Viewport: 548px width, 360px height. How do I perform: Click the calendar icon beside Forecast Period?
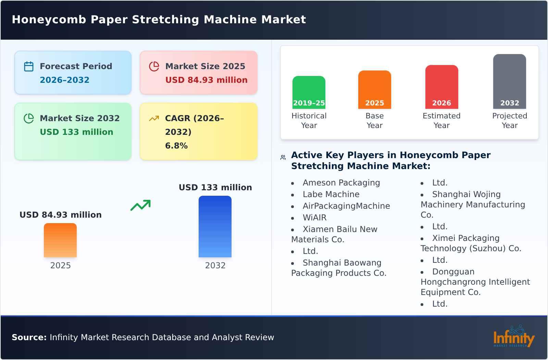(x=29, y=66)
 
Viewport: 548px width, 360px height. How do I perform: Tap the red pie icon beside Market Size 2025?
(x=154, y=66)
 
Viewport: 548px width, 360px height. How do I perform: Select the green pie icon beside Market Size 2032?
(x=29, y=118)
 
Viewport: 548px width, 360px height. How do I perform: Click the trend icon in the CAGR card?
(x=154, y=118)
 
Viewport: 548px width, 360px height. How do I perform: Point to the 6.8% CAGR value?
(x=176, y=146)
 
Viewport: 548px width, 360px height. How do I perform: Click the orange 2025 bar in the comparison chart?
(x=60, y=240)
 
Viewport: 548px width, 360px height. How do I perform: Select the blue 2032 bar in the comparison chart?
(x=215, y=227)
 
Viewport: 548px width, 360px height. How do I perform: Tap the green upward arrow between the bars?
(x=140, y=205)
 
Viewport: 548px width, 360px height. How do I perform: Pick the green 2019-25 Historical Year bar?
(x=309, y=92)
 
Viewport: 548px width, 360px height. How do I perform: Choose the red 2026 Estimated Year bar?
(x=441, y=87)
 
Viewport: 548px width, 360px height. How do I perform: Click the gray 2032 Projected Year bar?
(x=509, y=81)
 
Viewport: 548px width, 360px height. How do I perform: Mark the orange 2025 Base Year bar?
(x=374, y=90)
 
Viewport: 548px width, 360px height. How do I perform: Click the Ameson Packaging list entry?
(x=341, y=183)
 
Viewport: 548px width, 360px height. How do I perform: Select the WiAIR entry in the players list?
(x=314, y=218)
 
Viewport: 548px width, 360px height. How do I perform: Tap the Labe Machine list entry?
(x=331, y=194)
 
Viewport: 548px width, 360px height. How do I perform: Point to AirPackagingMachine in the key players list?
(x=346, y=206)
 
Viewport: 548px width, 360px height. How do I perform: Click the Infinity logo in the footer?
(x=513, y=337)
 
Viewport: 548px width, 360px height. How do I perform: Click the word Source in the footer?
(x=29, y=337)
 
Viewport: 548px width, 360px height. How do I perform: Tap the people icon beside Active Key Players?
(x=283, y=157)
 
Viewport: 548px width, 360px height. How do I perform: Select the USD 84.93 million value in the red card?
(x=206, y=80)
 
